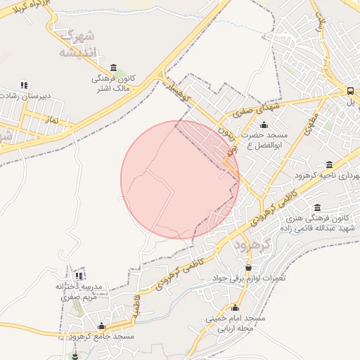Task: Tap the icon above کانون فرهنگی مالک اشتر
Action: pyautogui.click(x=113, y=67)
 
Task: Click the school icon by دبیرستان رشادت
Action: pyautogui.click(x=25, y=84)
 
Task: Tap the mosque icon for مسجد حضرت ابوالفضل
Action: pyautogui.click(x=264, y=124)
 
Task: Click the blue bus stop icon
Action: pyautogui.click(x=350, y=91)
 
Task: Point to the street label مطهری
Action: pyautogui.click(x=311, y=124)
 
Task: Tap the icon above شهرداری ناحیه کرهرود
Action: pyautogui.click(x=329, y=165)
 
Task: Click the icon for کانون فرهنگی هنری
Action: pyautogui.click(x=318, y=207)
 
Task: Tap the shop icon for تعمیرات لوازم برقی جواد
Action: pyautogui.click(x=247, y=267)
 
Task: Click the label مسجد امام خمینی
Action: pyautogui.click(x=235, y=319)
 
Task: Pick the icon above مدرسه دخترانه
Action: pyautogui.click(x=79, y=276)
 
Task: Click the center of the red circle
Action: pyautogui.click(x=180, y=180)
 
